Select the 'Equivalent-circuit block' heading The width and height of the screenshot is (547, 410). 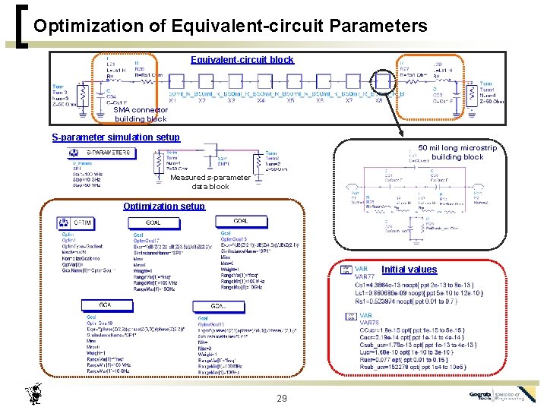pos(242,60)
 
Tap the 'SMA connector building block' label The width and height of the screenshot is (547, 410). pos(141,115)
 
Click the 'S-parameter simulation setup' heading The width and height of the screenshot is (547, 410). pos(115,137)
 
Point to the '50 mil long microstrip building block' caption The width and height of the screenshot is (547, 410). pos(457,153)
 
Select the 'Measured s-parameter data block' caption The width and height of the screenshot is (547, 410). pos(210,181)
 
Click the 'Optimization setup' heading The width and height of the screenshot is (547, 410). pos(164,207)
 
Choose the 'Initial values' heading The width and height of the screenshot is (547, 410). pos(409,270)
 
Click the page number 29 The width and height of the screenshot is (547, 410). pos(282,399)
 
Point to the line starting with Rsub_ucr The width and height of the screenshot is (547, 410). pos(410,367)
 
